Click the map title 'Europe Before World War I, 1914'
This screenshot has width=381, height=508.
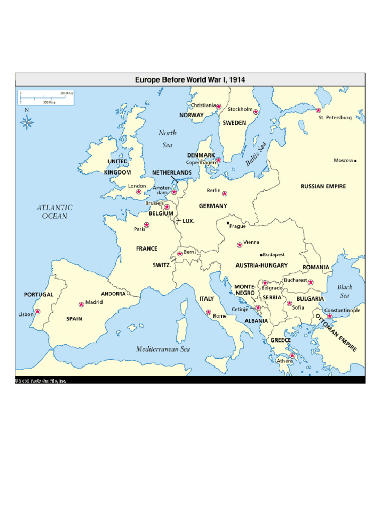(190, 79)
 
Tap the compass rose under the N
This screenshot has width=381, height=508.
(27, 121)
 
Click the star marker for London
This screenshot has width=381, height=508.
(139, 191)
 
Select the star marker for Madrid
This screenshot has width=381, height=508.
(81, 304)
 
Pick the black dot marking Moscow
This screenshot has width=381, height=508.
(355, 161)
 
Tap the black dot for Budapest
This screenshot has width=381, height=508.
(261, 255)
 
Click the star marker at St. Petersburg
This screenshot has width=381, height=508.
(318, 110)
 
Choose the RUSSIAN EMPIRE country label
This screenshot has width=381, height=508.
(323, 187)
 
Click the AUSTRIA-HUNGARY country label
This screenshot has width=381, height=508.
(261, 265)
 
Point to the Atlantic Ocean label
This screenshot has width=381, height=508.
(55, 212)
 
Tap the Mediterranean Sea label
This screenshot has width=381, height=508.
(163, 349)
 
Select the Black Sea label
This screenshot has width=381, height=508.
(345, 291)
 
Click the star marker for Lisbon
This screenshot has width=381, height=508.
(37, 312)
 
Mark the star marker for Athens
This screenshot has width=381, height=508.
(292, 356)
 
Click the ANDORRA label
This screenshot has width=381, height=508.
(113, 294)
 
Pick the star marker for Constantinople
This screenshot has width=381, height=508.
(329, 316)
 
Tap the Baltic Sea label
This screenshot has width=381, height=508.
(256, 154)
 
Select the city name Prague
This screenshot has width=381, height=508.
(237, 226)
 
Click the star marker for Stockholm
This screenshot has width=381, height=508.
(256, 112)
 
